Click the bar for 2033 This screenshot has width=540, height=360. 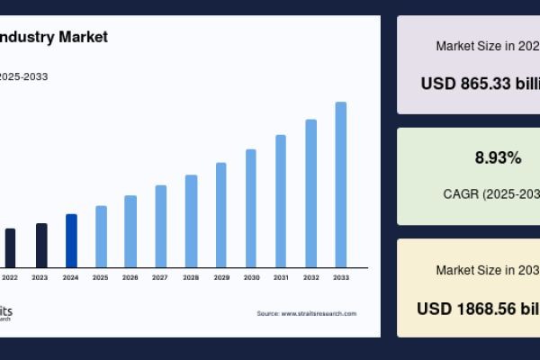pyautogui.click(x=341, y=184)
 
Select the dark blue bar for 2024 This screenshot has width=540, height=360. pyautogui.click(x=71, y=240)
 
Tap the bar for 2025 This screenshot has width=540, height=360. pyautogui.click(x=101, y=236)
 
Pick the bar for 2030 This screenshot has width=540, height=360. pyautogui.click(x=251, y=208)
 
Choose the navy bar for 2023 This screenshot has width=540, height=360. pyautogui.click(x=41, y=245)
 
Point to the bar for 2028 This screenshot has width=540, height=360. pyautogui.click(x=191, y=220)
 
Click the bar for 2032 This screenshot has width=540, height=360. pyautogui.click(x=311, y=193)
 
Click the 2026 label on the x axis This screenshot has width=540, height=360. pyautogui.click(x=130, y=278)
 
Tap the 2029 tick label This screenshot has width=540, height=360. pyautogui.click(x=220, y=278)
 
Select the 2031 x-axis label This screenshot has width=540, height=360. pyautogui.click(x=281, y=278)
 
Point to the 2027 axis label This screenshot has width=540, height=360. pyautogui.click(x=160, y=278)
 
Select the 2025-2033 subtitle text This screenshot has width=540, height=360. pyautogui.click(x=23, y=76)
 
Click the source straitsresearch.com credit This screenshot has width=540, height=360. pyautogui.click(x=306, y=313)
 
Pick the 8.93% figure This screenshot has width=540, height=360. pyautogui.click(x=498, y=158)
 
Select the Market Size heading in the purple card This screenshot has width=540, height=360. pyautogui.click(x=487, y=45)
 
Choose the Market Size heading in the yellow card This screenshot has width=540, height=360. pyautogui.click(x=487, y=270)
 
